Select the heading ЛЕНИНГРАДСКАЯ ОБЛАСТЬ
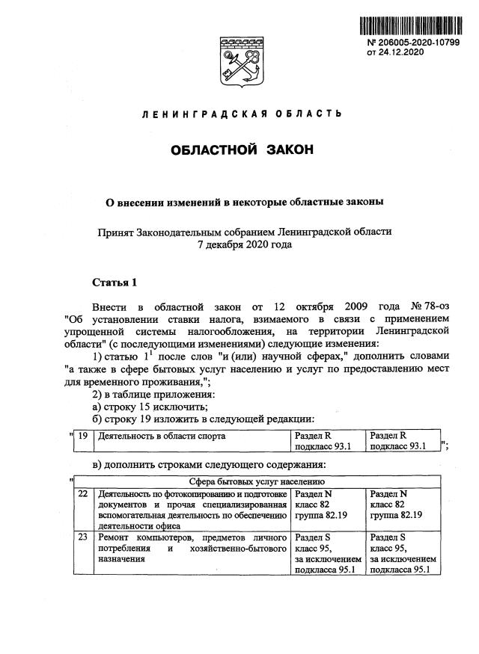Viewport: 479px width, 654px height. coord(242,114)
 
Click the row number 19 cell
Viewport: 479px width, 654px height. coord(84,435)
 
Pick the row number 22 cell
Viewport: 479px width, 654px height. coord(83,494)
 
